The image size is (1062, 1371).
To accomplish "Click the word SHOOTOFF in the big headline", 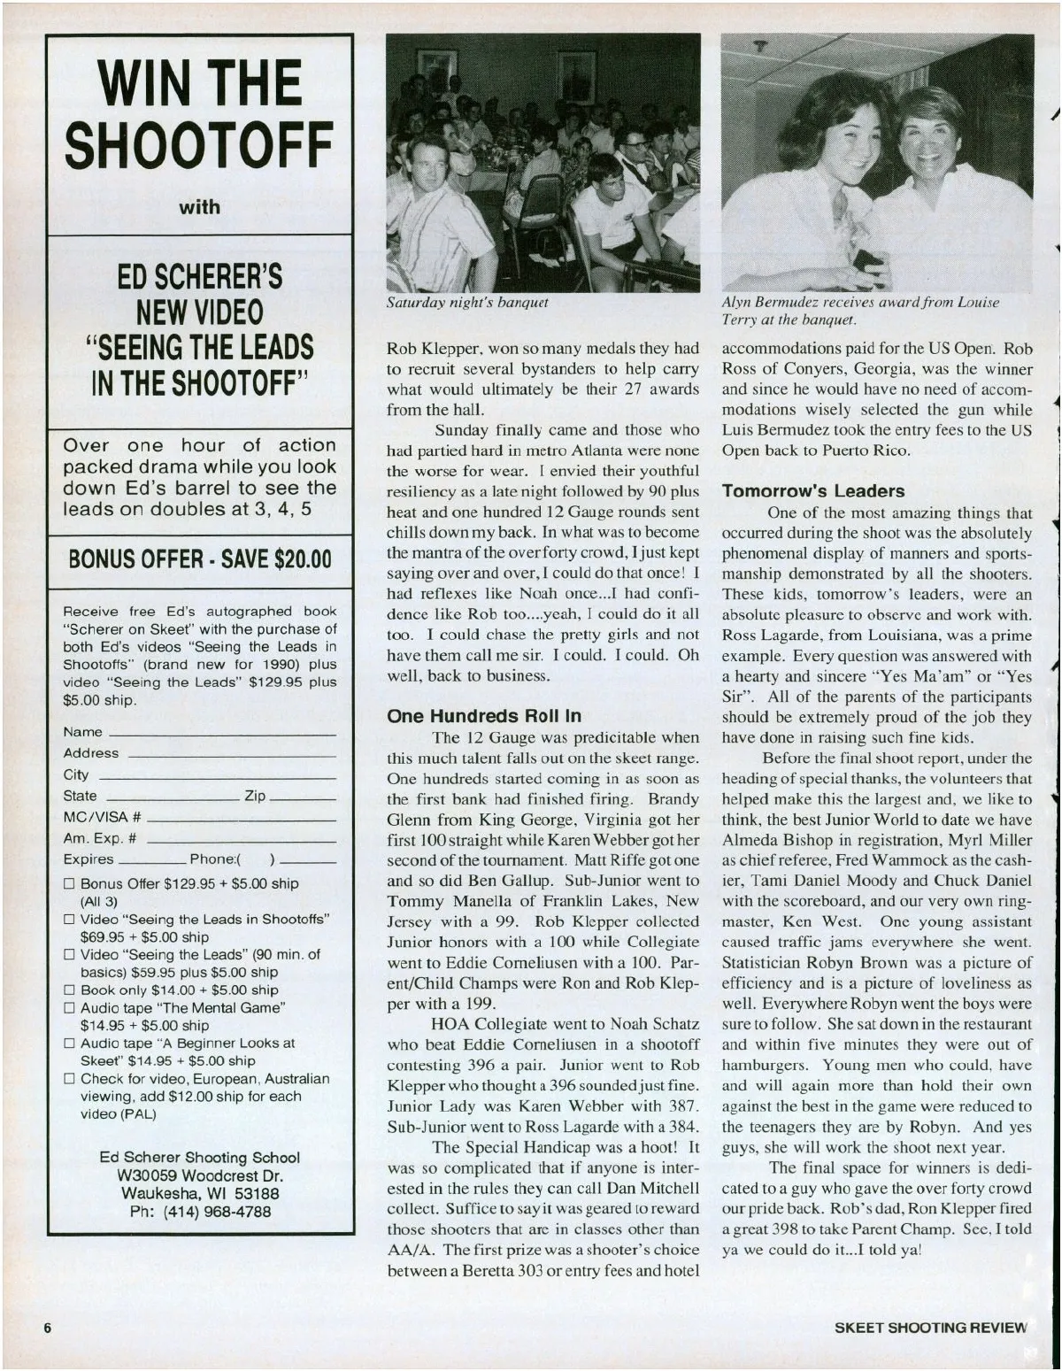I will (199, 147).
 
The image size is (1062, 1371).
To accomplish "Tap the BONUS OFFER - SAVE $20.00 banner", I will (199, 559).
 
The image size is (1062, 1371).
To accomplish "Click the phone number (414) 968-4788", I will (200, 1212).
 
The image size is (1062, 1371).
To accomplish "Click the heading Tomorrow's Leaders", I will (813, 491).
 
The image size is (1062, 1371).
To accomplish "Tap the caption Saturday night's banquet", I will (467, 303).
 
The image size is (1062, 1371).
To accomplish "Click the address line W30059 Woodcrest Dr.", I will (200, 1176).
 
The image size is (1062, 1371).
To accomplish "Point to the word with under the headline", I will (199, 207).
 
